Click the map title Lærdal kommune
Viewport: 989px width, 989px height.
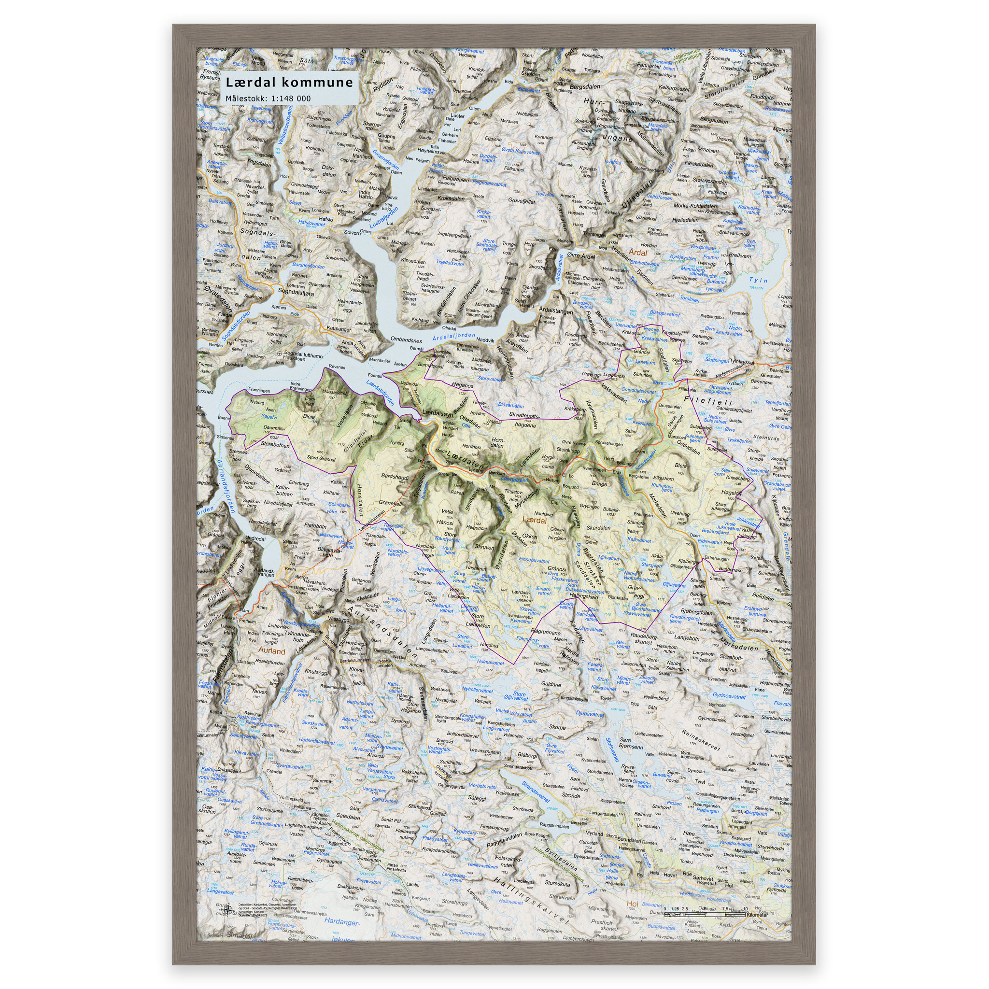(289, 83)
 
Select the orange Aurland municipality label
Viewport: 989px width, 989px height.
(271, 651)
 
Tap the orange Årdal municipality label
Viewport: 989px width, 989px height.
(638, 253)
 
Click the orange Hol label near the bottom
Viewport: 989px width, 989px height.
(632, 904)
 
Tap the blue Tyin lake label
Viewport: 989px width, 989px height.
(758, 280)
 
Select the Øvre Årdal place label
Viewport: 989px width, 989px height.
(581, 256)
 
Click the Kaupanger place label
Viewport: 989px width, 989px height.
(339, 329)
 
